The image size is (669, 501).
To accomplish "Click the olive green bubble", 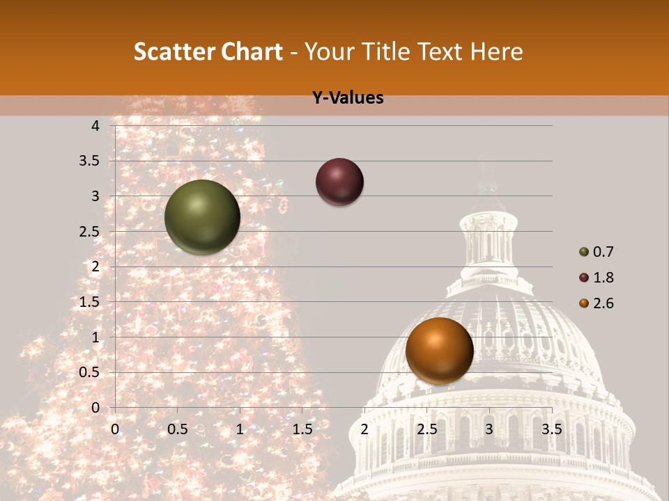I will (202, 217).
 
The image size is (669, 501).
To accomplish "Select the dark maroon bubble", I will (339, 182).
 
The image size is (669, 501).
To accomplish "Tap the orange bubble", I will (439, 351).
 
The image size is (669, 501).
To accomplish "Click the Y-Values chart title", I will (348, 98).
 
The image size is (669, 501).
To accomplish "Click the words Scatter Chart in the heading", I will (208, 51).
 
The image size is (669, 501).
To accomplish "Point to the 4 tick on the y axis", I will (96, 125).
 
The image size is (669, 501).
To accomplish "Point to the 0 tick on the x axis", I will (115, 429).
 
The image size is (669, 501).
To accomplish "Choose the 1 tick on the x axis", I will (240, 429).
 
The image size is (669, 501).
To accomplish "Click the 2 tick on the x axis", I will (364, 429).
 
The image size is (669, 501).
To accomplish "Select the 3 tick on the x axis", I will (489, 429).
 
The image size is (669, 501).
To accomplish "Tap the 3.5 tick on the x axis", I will (552, 429).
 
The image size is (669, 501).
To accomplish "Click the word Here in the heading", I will (496, 51).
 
